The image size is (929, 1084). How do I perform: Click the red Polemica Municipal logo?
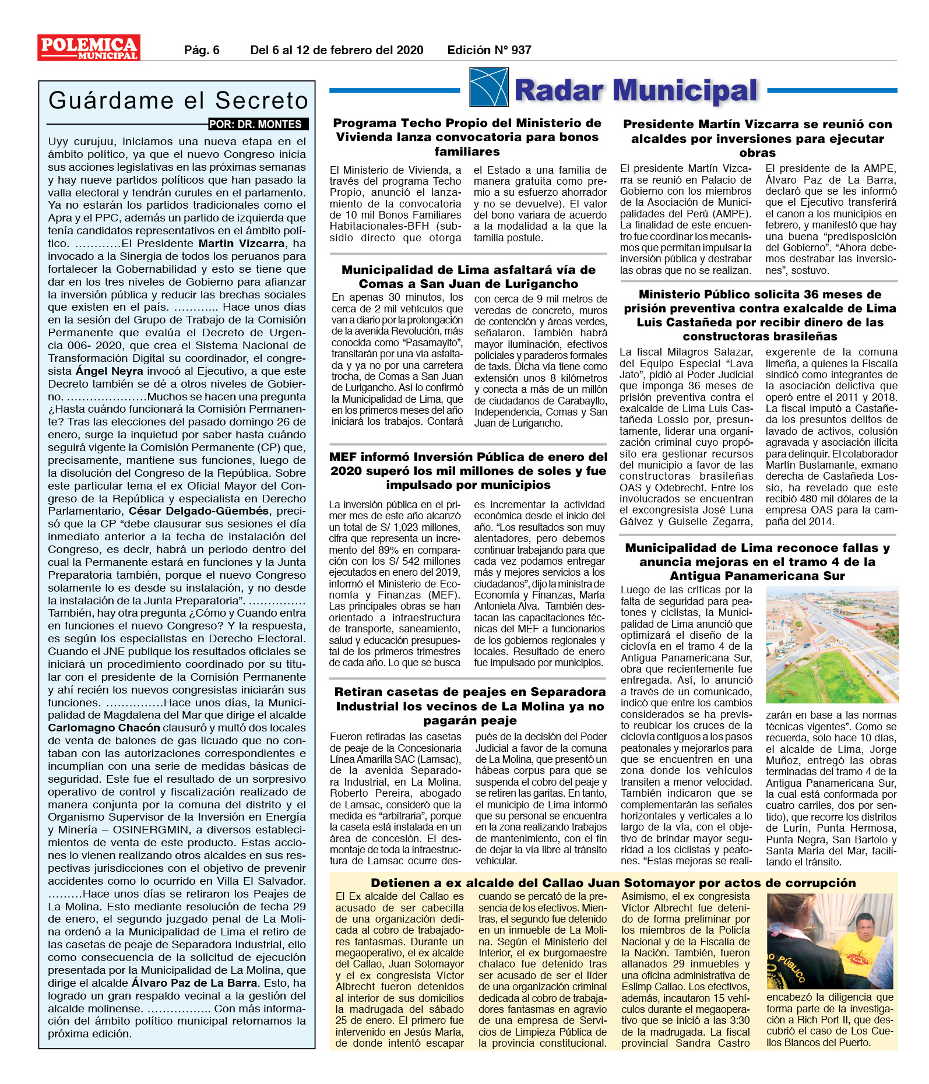(x=89, y=48)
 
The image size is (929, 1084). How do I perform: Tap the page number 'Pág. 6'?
(x=202, y=50)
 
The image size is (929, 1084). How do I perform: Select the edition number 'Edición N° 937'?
(x=489, y=50)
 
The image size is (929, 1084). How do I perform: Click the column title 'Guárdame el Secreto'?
(x=178, y=101)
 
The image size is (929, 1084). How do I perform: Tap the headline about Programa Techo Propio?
(x=467, y=137)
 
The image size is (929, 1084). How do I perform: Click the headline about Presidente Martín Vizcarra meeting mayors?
(x=757, y=138)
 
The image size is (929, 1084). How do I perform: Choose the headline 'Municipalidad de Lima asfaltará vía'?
(x=468, y=277)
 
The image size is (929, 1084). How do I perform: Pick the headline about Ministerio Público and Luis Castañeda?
(x=759, y=315)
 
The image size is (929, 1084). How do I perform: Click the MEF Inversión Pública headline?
(x=468, y=471)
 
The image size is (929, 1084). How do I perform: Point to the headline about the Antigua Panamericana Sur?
(x=757, y=562)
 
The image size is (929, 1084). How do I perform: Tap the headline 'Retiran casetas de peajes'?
(x=470, y=706)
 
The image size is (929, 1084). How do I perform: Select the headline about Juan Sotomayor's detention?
(x=613, y=883)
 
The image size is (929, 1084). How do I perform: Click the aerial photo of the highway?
(x=832, y=645)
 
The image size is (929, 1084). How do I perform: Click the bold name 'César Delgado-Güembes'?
(x=199, y=511)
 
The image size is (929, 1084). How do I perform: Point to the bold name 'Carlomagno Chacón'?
(x=104, y=728)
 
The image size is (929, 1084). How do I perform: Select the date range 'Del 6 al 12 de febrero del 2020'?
(x=336, y=50)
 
